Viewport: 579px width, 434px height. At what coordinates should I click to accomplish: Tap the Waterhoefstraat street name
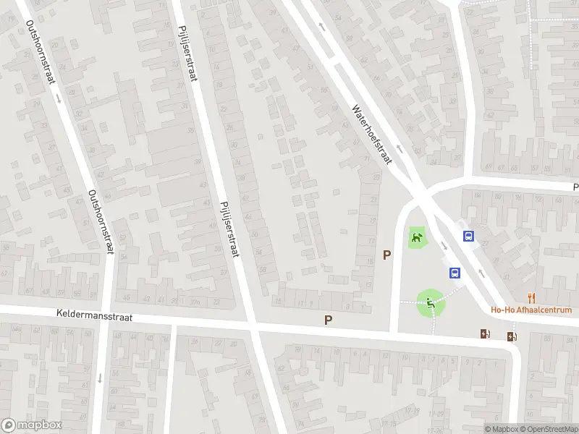(371, 134)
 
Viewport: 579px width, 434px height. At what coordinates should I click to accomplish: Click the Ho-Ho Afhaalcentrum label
(531, 310)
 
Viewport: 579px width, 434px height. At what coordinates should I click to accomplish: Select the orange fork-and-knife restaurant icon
(531, 297)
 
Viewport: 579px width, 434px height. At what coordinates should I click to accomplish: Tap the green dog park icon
(416, 237)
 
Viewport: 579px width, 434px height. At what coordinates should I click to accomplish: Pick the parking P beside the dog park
(387, 255)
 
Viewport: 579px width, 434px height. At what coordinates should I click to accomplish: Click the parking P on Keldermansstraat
(329, 319)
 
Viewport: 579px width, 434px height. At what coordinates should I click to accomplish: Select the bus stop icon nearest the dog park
(468, 236)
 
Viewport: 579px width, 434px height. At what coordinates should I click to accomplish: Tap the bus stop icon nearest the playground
(455, 273)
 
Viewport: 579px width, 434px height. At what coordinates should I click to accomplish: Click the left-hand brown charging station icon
(484, 333)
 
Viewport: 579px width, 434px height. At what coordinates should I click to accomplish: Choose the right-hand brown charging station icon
(512, 336)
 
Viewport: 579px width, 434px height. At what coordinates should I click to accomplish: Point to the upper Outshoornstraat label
(41, 52)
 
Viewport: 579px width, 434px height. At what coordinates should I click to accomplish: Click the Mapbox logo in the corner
(32, 425)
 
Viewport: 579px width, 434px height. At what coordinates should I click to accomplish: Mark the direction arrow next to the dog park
(444, 244)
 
